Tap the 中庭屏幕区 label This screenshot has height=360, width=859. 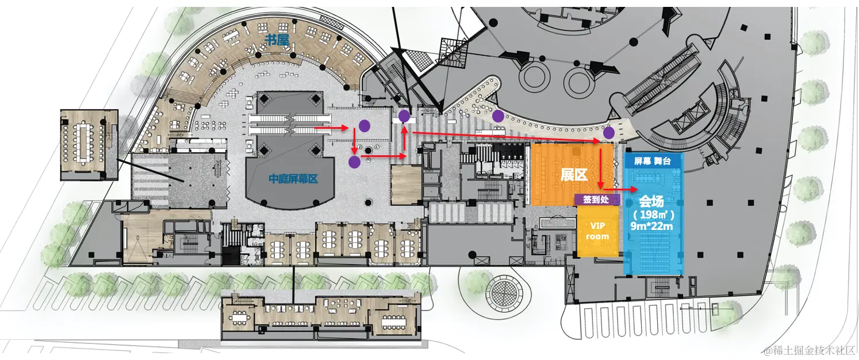(x=293, y=179)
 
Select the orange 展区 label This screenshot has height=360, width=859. (x=574, y=175)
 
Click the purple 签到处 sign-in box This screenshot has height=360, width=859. (x=597, y=199)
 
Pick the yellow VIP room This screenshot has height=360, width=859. (x=598, y=231)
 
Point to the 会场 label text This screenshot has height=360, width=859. (x=652, y=201)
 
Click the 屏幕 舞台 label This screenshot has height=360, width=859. (x=653, y=162)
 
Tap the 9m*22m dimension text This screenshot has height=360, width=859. (x=652, y=227)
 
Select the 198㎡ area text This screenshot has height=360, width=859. (x=652, y=215)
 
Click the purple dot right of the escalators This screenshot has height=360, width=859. (x=364, y=125)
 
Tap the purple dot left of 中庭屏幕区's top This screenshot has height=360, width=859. (x=354, y=162)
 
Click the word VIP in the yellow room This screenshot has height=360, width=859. (x=598, y=225)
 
